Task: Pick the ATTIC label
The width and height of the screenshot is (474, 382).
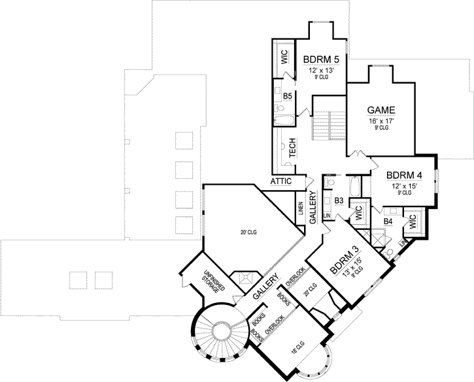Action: [x=282, y=181]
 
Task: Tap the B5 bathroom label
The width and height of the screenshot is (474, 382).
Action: [x=287, y=97]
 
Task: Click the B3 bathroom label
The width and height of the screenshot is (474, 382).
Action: [x=339, y=200]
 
